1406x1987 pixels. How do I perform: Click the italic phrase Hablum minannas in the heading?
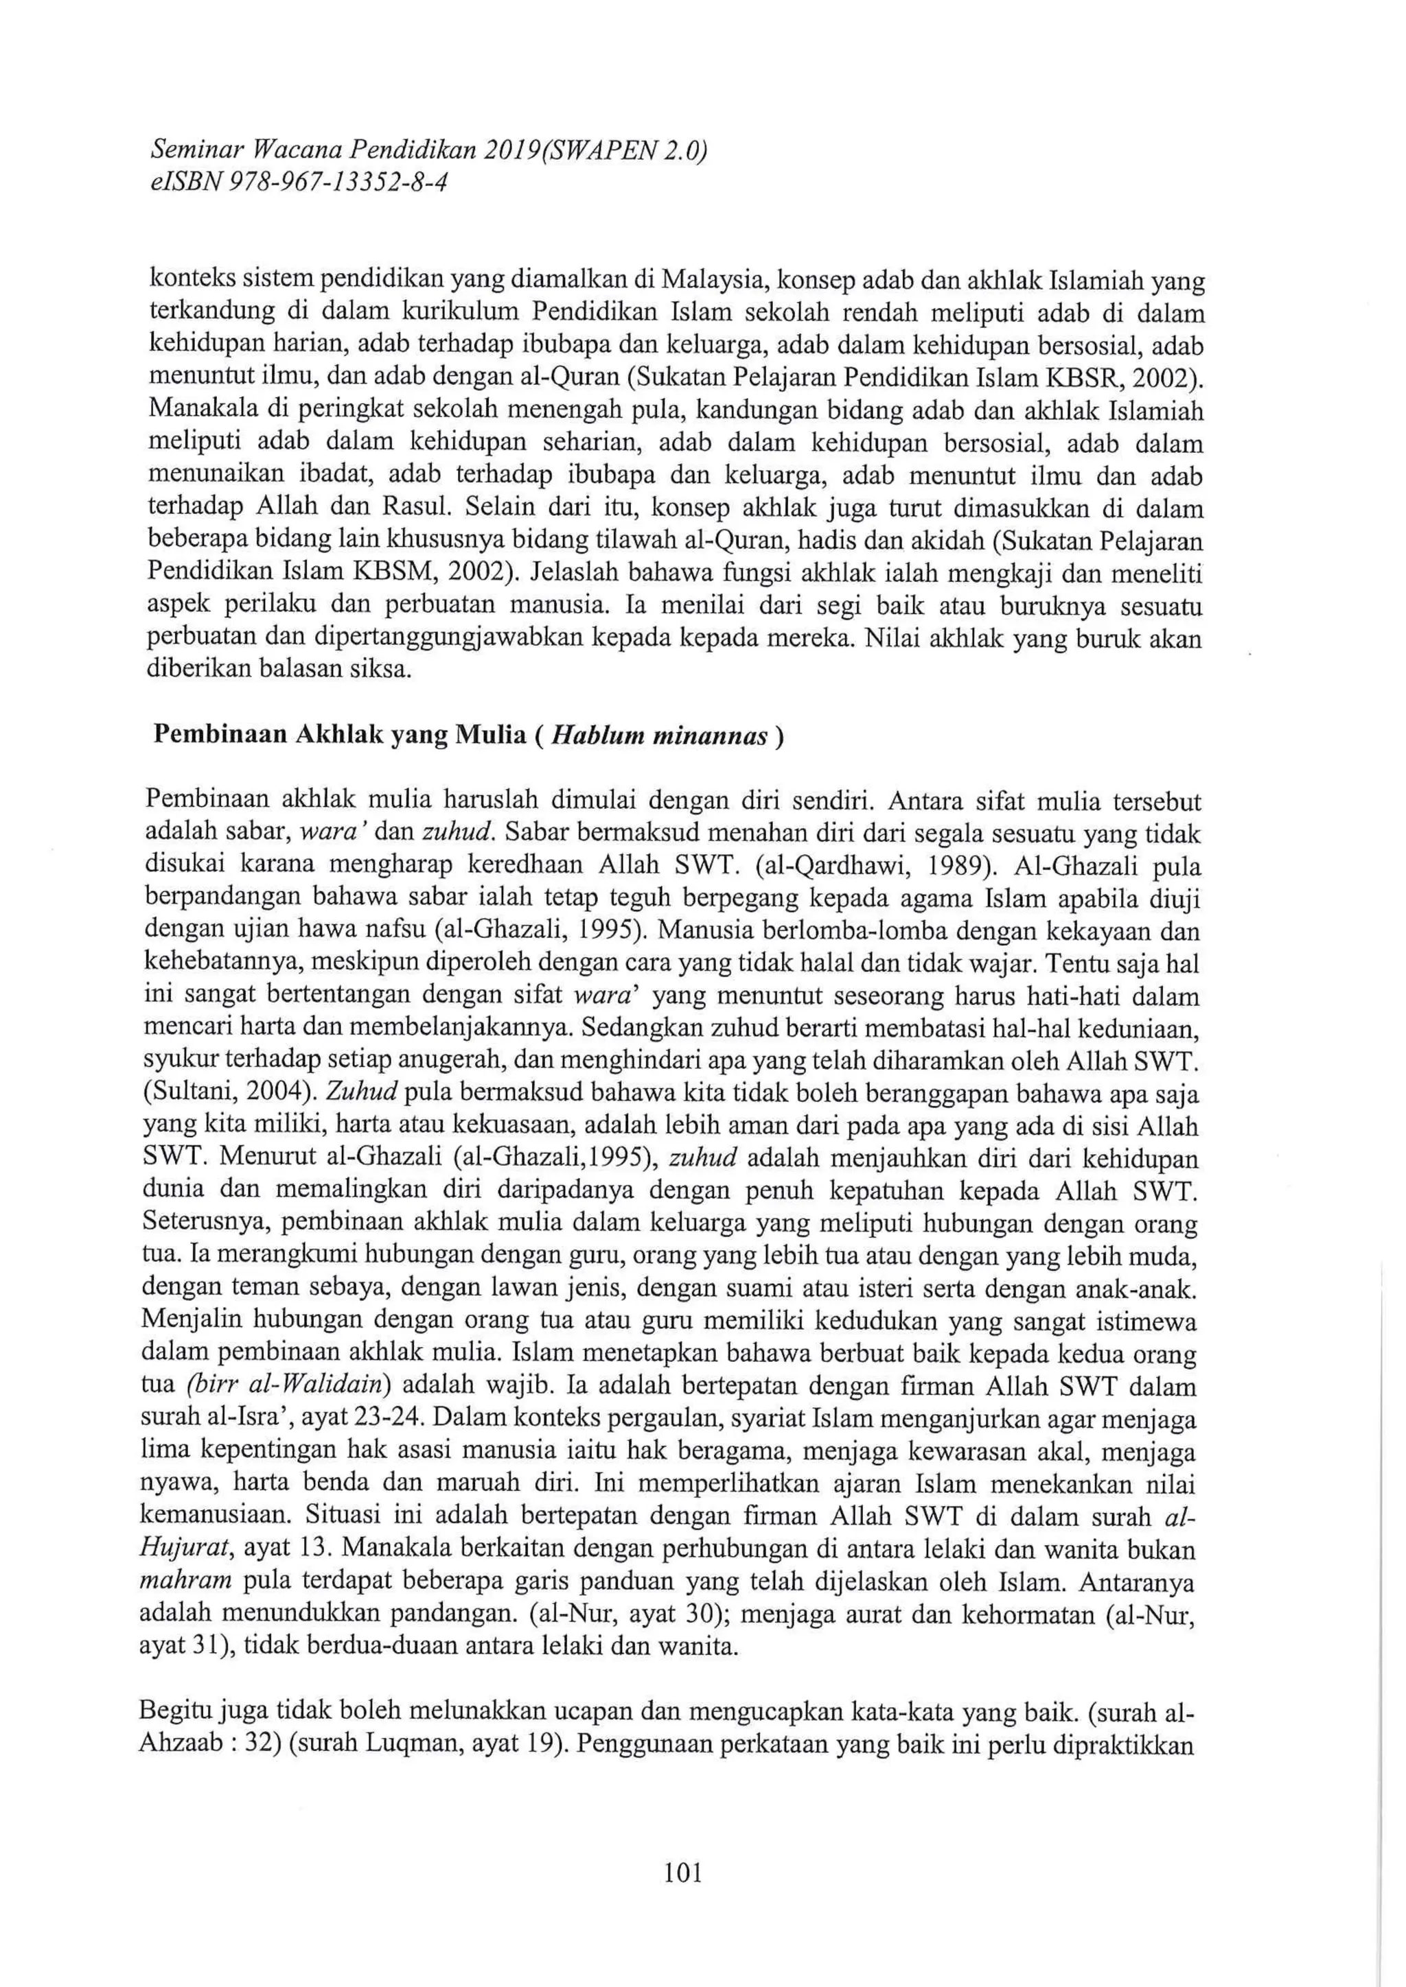tap(660, 736)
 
